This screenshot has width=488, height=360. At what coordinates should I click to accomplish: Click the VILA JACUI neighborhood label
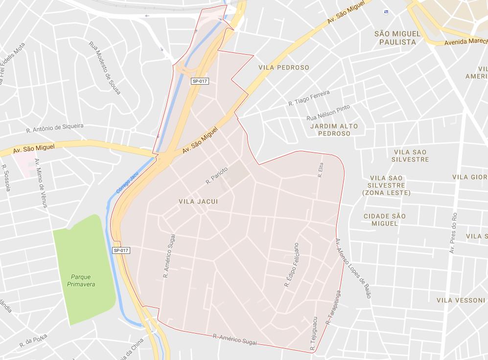click(x=198, y=202)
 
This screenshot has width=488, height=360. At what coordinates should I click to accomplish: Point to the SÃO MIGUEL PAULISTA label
click(x=397, y=38)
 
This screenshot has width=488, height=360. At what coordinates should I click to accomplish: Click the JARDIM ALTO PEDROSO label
click(x=334, y=130)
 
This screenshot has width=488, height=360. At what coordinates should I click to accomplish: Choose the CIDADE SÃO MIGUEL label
click(x=385, y=220)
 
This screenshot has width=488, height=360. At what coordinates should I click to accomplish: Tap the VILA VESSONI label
click(x=461, y=300)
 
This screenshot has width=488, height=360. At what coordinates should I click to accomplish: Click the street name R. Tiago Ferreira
click(x=309, y=98)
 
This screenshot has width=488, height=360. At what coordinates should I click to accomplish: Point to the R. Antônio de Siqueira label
click(x=55, y=128)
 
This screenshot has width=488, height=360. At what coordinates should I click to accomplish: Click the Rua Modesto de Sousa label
click(x=104, y=67)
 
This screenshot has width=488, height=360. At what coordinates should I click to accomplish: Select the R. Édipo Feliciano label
click(x=292, y=265)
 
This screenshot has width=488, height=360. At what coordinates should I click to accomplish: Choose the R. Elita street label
click(x=321, y=170)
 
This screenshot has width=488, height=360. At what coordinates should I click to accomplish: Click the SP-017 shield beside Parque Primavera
click(x=121, y=250)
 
